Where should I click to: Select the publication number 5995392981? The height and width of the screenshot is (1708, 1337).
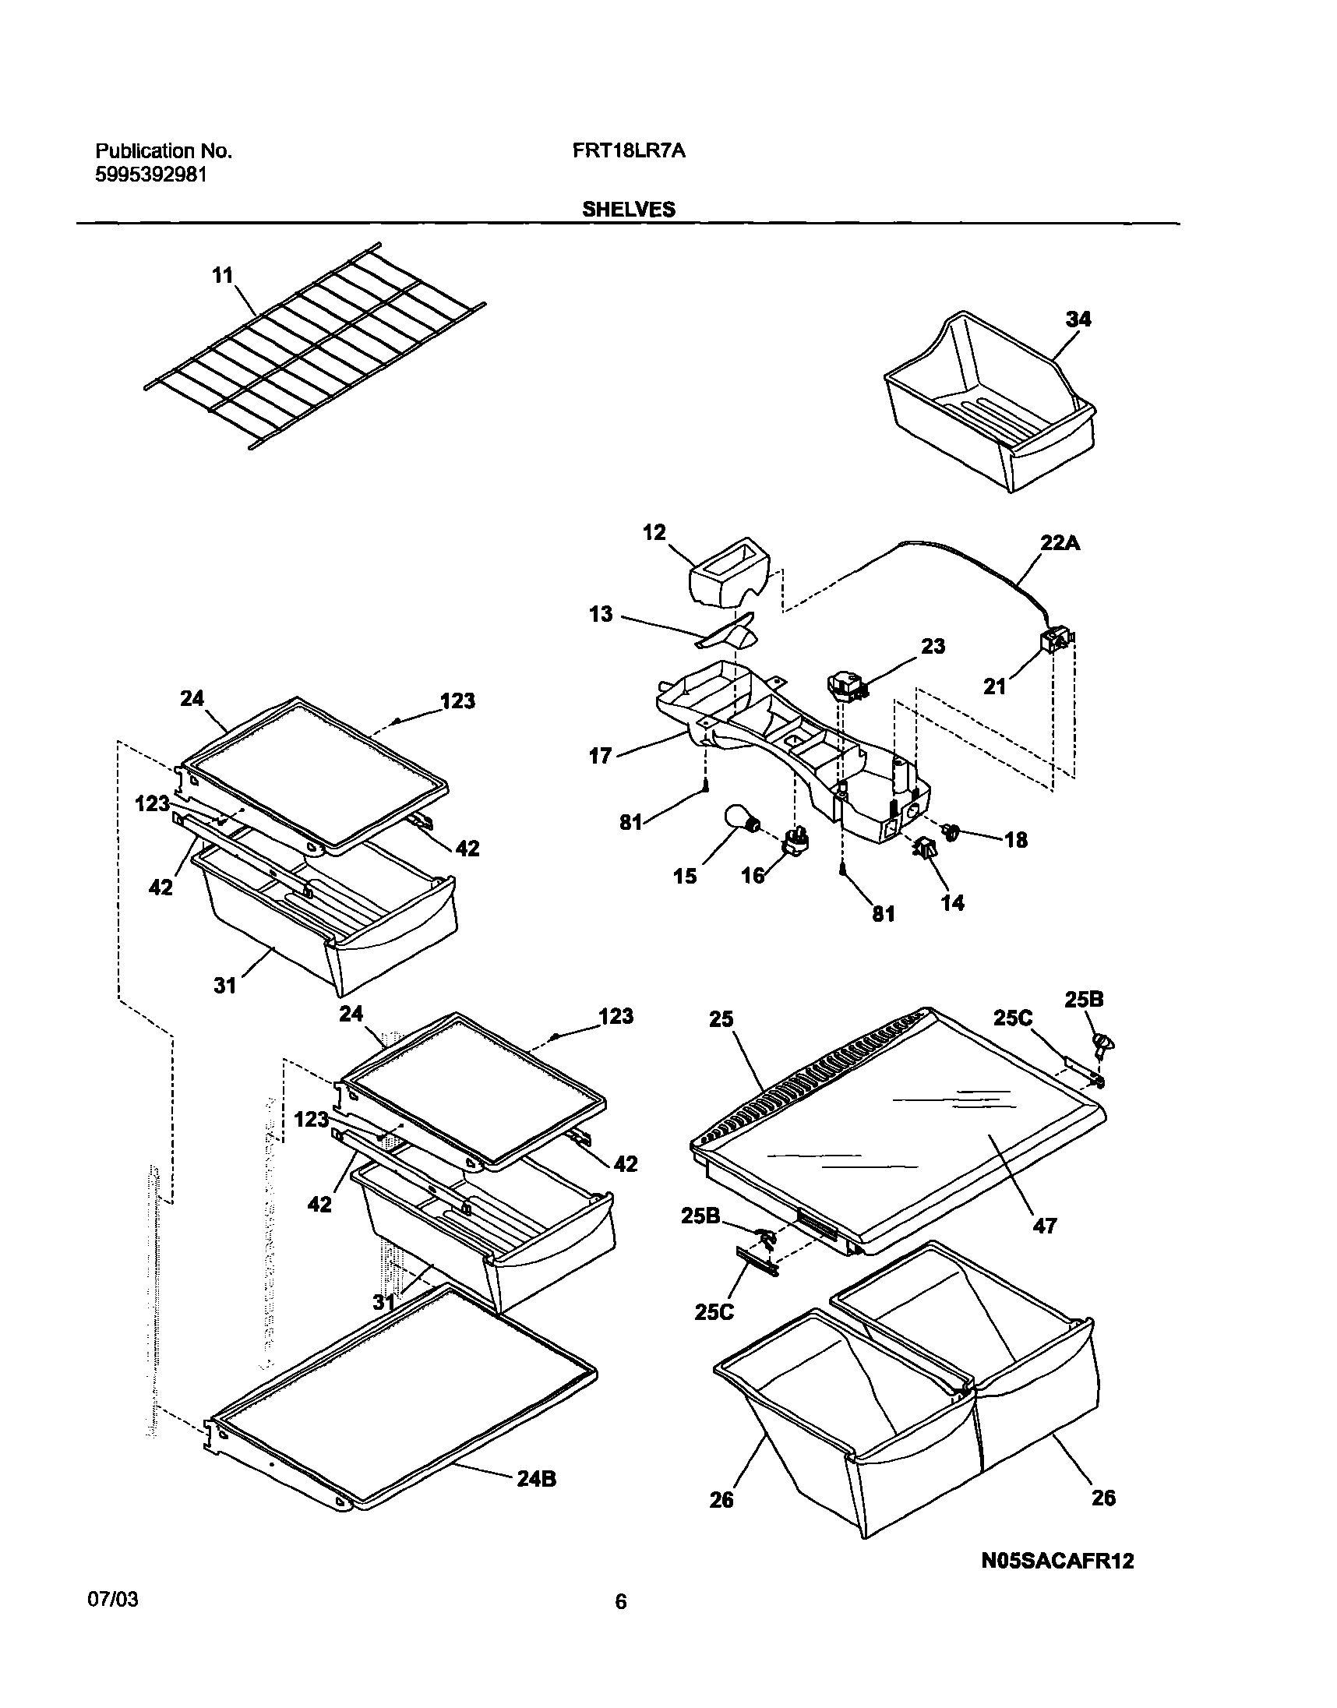click(x=151, y=175)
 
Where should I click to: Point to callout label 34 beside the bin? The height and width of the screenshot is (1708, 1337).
click(x=1078, y=319)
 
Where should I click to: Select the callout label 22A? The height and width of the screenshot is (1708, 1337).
click(x=1060, y=542)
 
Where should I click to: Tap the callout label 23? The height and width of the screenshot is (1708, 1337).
click(x=933, y=646)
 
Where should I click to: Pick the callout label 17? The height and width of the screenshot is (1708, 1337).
click(x=600, y=756)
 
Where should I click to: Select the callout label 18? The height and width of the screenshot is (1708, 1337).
click(x=1015, y=840)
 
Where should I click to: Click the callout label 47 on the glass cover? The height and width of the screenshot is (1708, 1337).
click(x=1045, y=1226)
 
